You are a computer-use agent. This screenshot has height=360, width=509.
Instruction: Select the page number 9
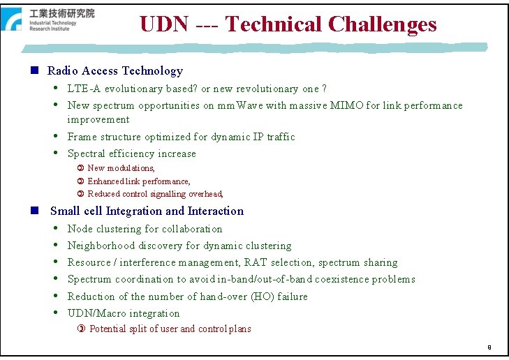pyautogui.click(x=489, y=347)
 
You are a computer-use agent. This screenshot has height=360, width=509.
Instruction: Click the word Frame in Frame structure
pyautogui.click(x=82, y=137)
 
